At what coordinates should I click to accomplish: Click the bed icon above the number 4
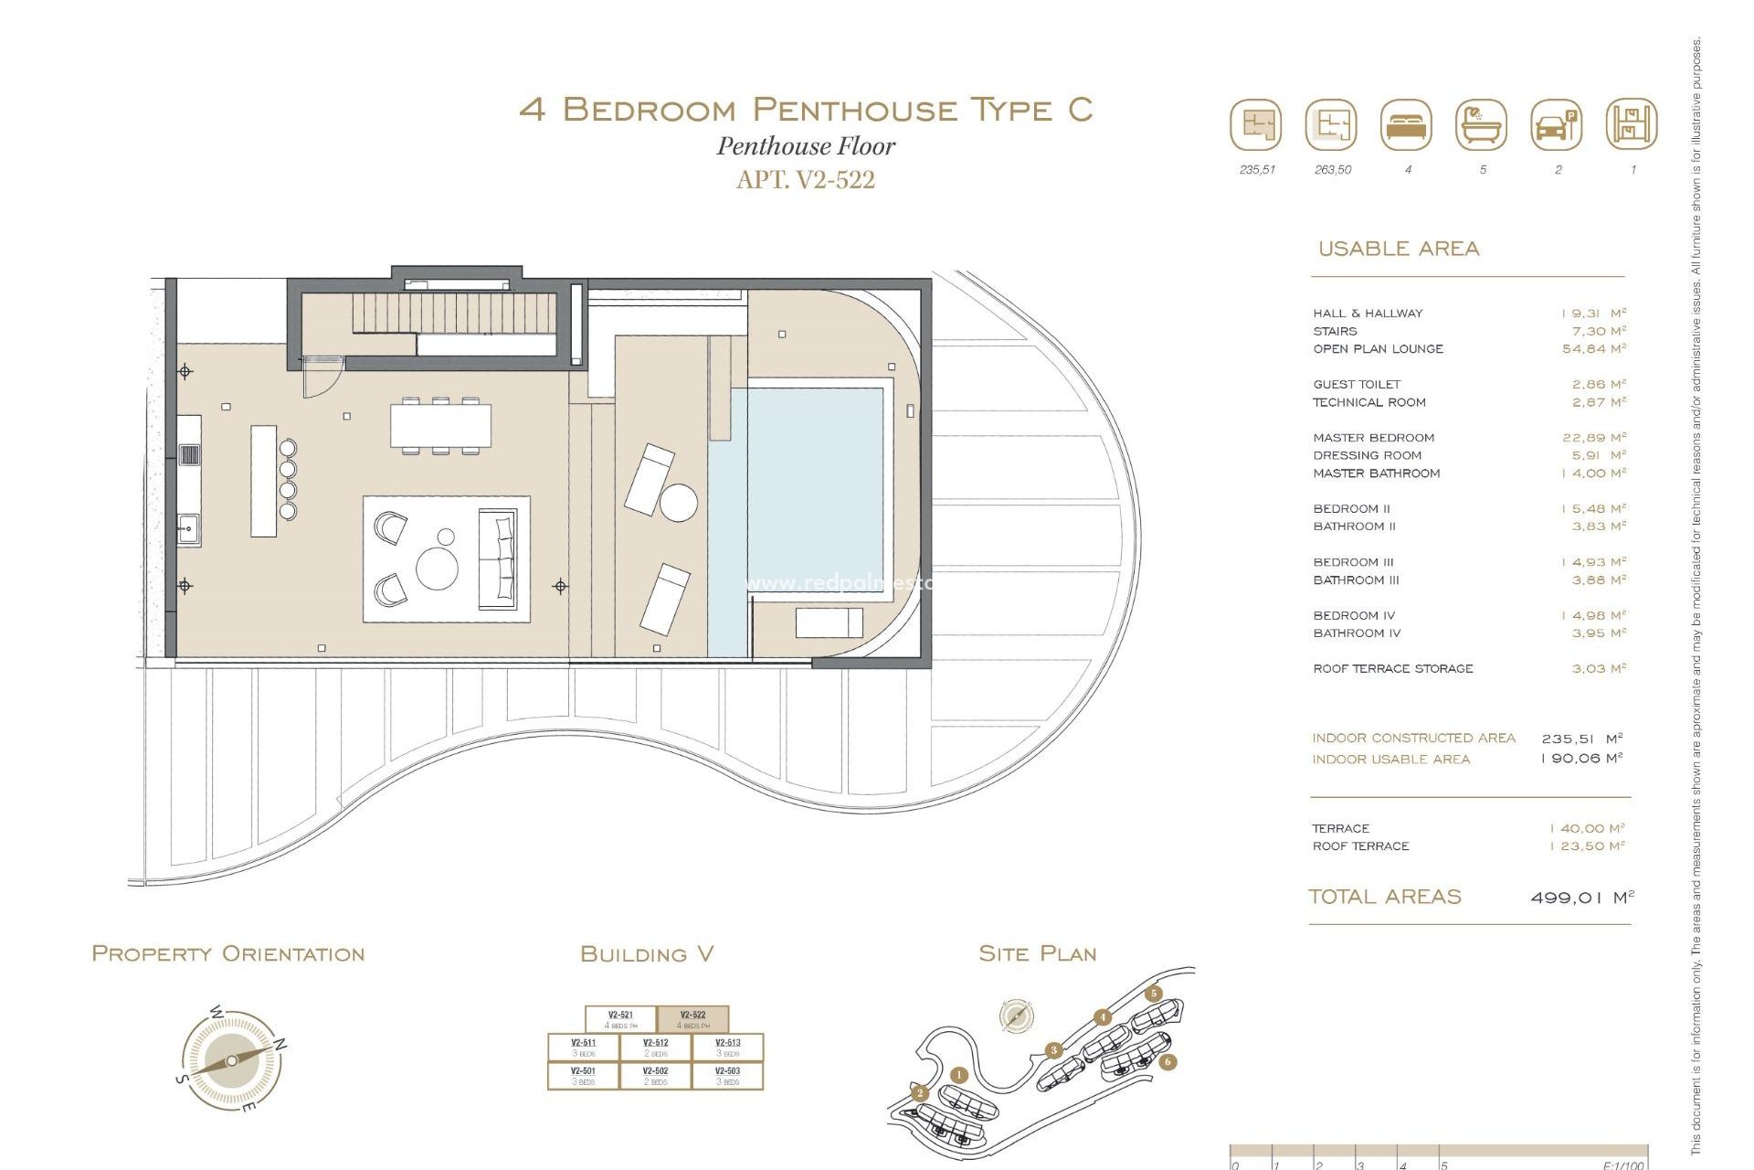pos(1406,125)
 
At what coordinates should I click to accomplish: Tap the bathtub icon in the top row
pos(1481,125)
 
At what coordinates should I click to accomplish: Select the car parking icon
pos(1556,125)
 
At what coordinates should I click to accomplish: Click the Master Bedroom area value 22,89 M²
pos(1593,438)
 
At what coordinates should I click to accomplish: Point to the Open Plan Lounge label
pos(1378,349)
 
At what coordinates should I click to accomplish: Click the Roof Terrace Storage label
pos(1392,669)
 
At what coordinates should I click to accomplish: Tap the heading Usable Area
pos(1398,249)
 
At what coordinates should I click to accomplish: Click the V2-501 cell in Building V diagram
pos(583,1075)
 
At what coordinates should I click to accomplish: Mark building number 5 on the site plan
pos(1154,994)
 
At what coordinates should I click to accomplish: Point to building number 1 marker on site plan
pos(958,1075)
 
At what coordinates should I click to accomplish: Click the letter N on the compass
pos(281,1044)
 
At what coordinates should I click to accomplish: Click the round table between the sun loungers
pos(679,503)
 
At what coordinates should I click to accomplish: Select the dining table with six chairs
pos(440,426)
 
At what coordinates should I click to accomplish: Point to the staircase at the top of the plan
pos(454,314)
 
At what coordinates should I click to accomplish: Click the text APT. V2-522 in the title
pos(805,180)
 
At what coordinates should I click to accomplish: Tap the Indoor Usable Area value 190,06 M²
pos(1581,759)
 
